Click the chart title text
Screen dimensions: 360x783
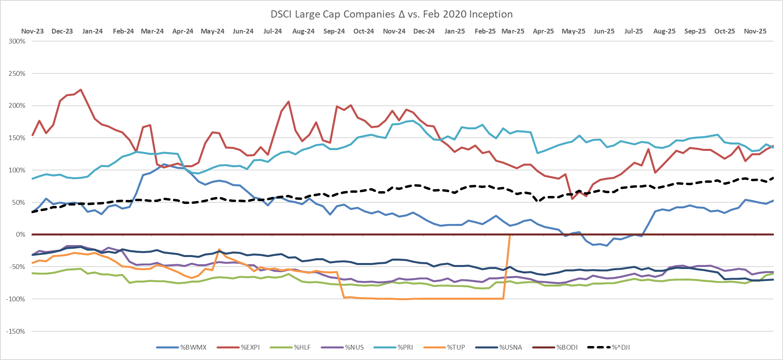coord(391,14)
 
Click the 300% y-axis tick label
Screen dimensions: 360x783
coord(17,41)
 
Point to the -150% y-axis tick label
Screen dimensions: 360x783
coord(16,331)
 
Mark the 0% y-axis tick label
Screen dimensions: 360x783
coord(20,235)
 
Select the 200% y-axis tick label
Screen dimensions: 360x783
coord(17,106)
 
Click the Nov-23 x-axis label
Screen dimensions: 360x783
coord(32,31)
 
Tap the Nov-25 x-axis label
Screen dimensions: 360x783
coord(755,31)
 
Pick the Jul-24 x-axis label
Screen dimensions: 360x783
coord(273,31)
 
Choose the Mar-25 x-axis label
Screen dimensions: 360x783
coord(513,31)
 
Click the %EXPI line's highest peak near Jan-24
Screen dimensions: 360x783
coord(81,90)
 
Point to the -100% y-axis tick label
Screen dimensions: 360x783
coord(16,299)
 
